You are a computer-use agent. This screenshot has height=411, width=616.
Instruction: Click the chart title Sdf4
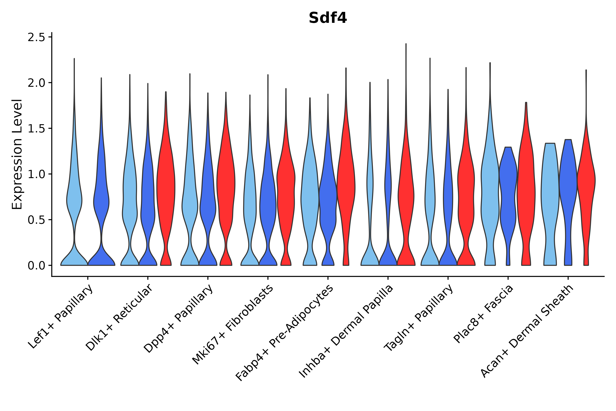pos(328,18)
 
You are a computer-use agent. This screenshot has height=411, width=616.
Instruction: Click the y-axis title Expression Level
pos(17,154)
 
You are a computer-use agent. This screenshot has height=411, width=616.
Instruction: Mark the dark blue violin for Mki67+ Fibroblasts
pos(268,204)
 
